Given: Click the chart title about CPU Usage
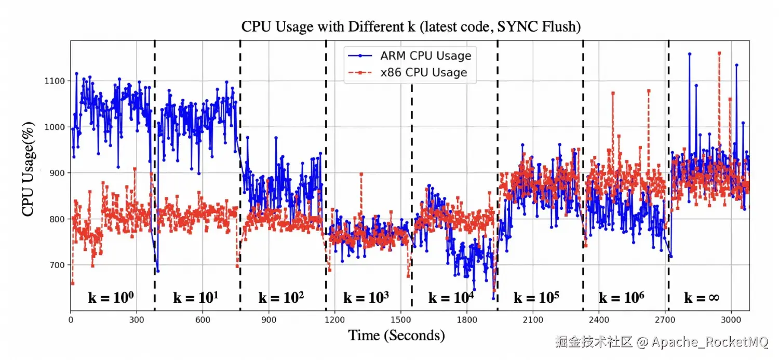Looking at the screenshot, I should pyautogui.click(x=411, y=26).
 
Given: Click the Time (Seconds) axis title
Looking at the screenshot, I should pyautogui.click(x=396, y=335).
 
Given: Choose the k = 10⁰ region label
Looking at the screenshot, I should pyautogui.click(x=111, y=298).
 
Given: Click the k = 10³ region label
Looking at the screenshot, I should pyautogui.click(x=366, y=298).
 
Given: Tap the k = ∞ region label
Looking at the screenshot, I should pyautogui.click(x=701, y=298).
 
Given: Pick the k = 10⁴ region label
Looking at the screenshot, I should pyautogui.click(x=451, y=298).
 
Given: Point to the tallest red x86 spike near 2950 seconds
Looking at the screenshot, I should pyautogui.click(x=719, y=53).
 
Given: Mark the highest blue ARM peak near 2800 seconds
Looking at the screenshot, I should pyautogui.click(x=689, y=54).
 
